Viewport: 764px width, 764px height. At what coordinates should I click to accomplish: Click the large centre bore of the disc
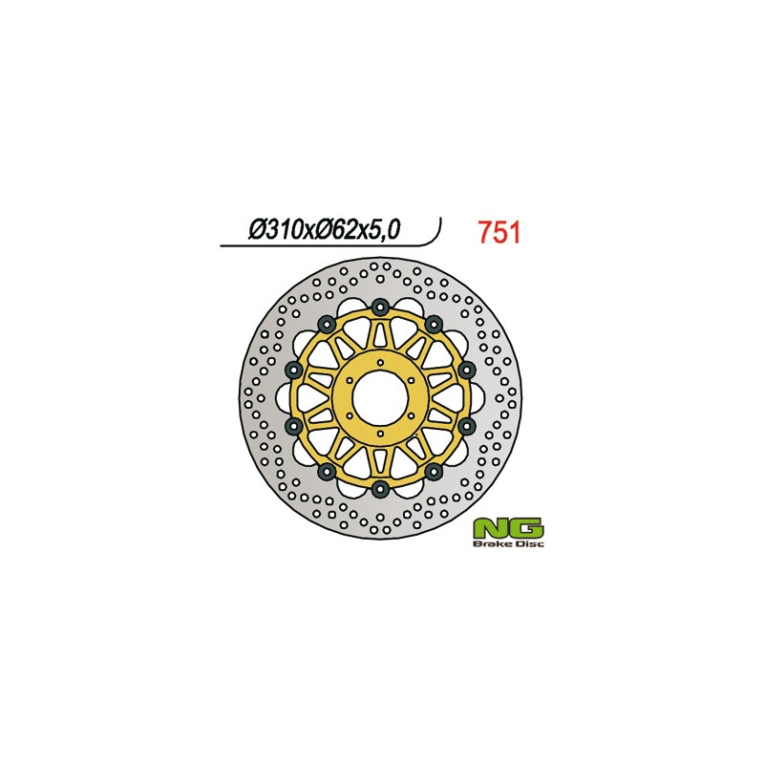coord(380,397)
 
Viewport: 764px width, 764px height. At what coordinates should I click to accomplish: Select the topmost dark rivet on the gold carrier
coord(380,306)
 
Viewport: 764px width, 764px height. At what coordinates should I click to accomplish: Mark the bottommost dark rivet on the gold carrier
coord(380,489)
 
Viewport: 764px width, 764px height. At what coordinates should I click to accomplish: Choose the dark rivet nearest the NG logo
coord(433,472)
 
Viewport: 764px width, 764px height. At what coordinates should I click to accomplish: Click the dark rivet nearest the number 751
coord(433,322)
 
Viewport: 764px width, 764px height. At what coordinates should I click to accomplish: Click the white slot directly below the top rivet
coord(380,334)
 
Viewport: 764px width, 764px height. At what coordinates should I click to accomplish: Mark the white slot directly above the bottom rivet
coord(380,461)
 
